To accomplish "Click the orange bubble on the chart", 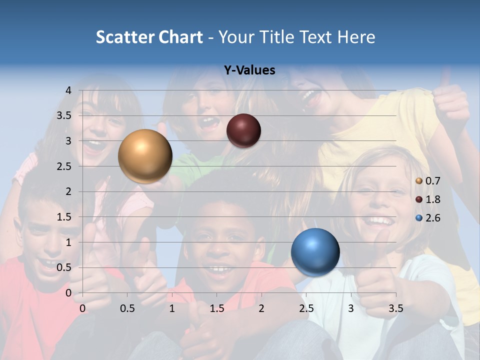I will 145,156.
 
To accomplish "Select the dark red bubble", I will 243,130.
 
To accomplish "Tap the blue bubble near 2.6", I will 315,252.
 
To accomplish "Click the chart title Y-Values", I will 249,70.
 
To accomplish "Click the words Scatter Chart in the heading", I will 149,37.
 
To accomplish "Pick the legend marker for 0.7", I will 419,181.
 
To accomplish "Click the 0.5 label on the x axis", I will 127,308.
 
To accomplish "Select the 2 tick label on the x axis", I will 261,308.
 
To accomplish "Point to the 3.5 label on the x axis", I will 396,308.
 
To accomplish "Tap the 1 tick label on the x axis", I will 172,308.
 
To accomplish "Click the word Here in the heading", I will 356,37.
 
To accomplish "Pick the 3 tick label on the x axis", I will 351,308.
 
